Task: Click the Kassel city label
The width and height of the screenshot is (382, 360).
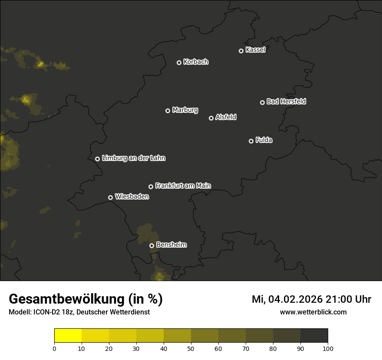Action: [255, 50]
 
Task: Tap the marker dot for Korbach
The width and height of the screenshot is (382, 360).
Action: [179, 62]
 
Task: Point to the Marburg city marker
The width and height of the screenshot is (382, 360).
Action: [168, 111]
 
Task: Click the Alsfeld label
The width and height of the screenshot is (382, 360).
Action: [226, 117]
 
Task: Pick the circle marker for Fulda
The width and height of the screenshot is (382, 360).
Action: [251, 141]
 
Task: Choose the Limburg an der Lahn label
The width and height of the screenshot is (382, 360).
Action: [133, 158]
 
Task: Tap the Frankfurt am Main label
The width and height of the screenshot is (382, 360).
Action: [183, 186]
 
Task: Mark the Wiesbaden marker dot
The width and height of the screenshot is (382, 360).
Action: [110, 197]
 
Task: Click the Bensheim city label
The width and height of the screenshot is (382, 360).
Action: [171, 245]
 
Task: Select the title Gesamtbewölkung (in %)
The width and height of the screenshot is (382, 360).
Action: [86, 299]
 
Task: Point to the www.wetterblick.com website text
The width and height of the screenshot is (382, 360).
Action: [313, 312]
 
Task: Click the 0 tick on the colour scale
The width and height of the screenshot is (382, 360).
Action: [54, 348]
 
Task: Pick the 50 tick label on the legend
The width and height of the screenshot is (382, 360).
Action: [191, 348]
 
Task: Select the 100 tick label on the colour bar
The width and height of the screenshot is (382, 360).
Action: [328, 348]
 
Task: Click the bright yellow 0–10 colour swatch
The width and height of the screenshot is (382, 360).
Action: [68, 336]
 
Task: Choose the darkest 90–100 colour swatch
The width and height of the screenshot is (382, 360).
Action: [314, 336]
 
